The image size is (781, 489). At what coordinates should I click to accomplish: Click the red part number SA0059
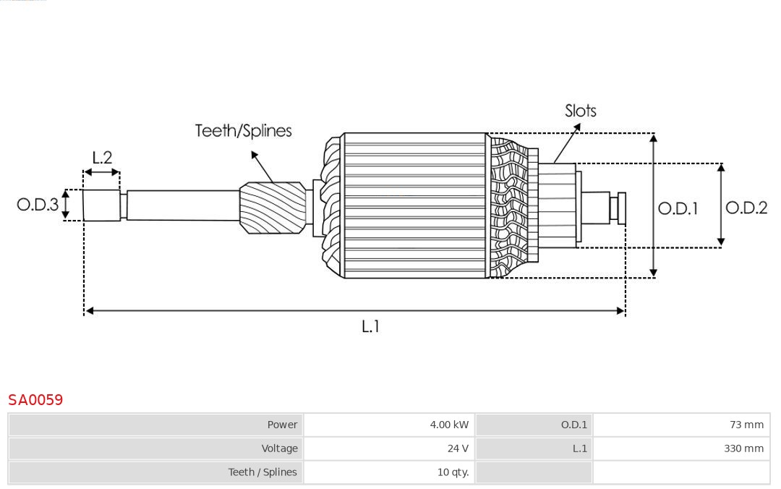point(35,399)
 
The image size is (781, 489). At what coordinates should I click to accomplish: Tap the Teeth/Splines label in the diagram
point(243,131)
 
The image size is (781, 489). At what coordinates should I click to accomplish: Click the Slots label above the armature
point(581,111)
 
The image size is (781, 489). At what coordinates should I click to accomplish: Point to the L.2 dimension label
point(102,158)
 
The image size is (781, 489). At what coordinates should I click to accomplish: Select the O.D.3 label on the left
point(38,205)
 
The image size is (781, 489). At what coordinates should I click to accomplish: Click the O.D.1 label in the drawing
point(678,208)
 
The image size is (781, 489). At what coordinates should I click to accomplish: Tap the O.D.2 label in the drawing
point(746,208)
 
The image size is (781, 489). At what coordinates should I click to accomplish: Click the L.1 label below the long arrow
point(370,326)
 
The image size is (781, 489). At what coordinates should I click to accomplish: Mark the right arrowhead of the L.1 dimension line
point(620,311)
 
